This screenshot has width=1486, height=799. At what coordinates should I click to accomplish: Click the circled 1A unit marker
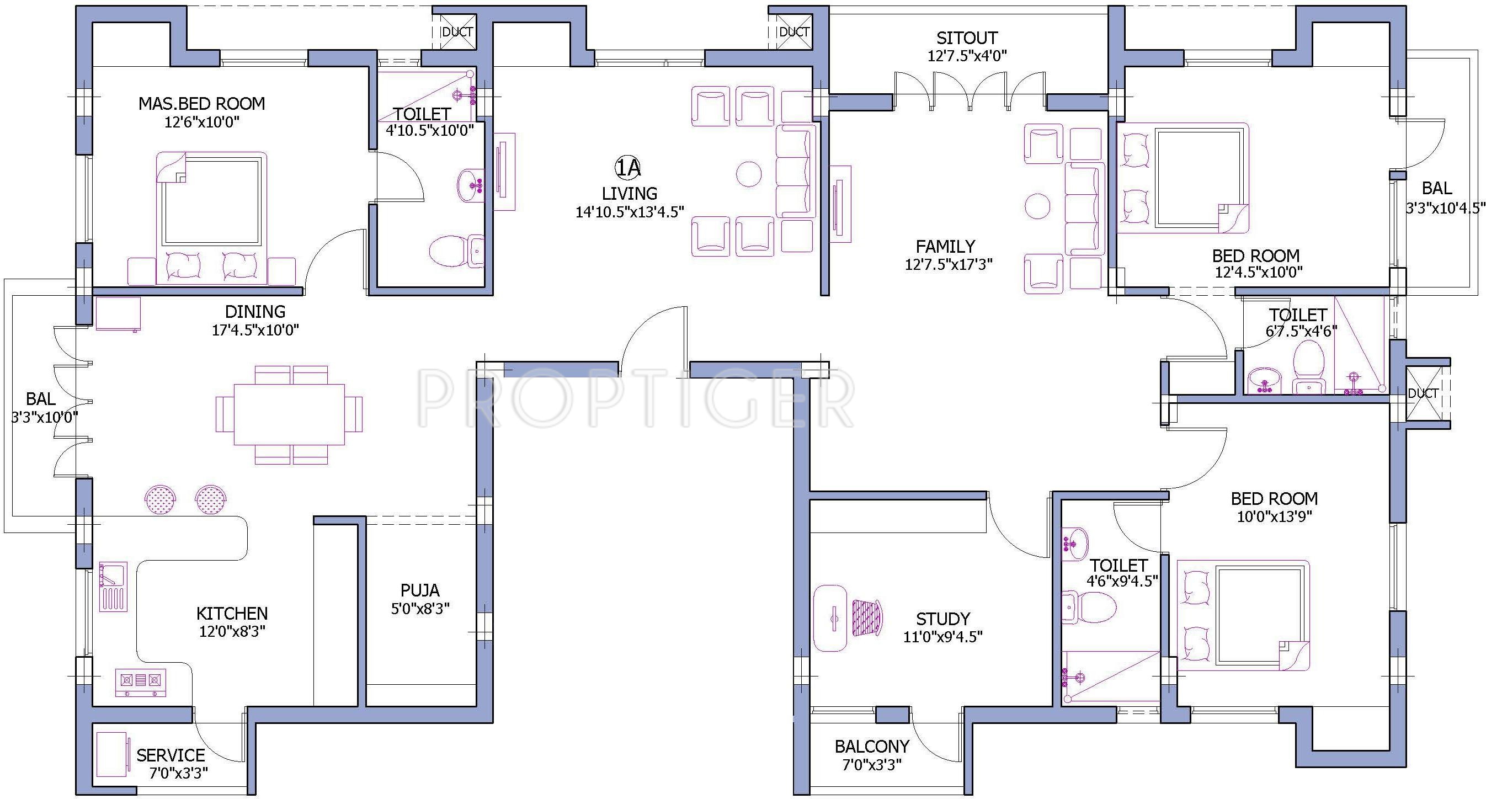click(x=627, y=168)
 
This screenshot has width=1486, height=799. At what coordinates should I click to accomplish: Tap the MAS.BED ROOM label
click(x=201, y=104)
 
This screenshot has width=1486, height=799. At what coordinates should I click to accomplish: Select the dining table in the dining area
click(x=289, y=414)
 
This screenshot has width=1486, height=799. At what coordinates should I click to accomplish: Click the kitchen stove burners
click(x=141, y=683)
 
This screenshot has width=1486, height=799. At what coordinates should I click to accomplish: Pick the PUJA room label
click(x=420, y=590)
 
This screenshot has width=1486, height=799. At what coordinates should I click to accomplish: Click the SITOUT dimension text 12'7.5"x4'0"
click(x=967, y=56)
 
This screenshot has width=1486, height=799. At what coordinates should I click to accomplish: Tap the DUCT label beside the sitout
click(x=795, y=32)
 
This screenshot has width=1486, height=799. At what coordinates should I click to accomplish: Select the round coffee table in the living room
click(x=749, y=174)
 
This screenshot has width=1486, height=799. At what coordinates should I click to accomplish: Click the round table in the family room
click(x=1037, y=206)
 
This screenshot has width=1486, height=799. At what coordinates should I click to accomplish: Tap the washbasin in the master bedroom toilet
click(x=470, y=185)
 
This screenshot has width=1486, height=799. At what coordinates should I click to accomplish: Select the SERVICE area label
click(x=171, y=755)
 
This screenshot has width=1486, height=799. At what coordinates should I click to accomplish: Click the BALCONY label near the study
click(x=872, y=747)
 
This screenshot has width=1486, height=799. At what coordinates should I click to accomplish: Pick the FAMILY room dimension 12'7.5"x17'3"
click(x=949, y=265)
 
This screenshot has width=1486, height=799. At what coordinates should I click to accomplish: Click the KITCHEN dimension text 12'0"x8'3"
click(x=232, y=631)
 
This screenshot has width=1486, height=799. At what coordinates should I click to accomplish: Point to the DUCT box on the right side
click(x=1427, y=393)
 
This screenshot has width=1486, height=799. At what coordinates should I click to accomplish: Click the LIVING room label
click(x=630, y=193)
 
